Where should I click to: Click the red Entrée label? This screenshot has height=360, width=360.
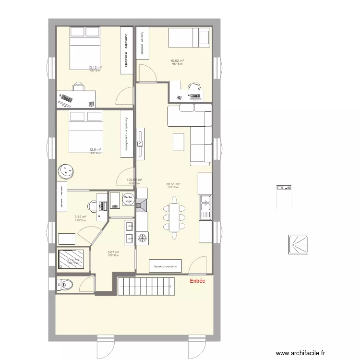[197, 281]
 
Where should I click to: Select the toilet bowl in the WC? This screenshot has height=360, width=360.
[65, 285]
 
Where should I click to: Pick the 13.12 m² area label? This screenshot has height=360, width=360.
[95, 68]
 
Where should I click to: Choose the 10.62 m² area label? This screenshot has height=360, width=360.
[177, 61]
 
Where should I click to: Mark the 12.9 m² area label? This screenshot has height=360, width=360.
[95, 150]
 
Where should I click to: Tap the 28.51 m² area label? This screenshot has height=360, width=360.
[173, 184]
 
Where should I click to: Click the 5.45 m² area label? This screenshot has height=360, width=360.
[80, 217]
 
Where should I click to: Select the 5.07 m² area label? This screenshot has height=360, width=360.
[113, 252]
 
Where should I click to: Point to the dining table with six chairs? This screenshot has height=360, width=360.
[173, 217]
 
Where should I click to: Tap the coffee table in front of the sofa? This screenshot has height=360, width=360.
[179, 142]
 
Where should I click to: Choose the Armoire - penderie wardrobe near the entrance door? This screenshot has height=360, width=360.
[166, 266]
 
